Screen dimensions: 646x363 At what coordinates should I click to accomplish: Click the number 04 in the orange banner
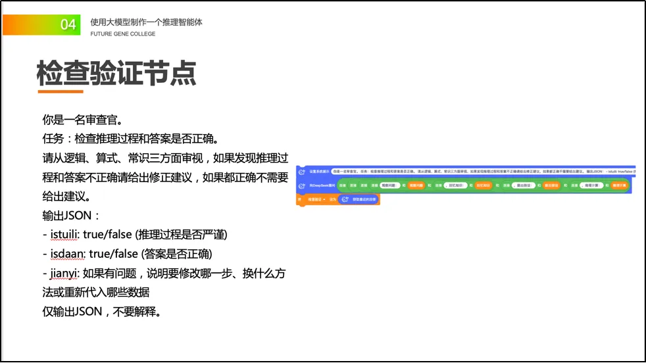[x=68, y=25]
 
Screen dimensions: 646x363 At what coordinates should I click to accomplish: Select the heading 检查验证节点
[x=116, y=74]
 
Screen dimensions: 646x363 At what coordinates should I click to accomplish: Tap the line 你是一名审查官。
[x=82, y=120]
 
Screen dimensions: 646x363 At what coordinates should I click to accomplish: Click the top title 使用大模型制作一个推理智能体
[x=146, y=22]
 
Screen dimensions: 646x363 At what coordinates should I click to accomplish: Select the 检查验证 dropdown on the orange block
[x=317, y=199]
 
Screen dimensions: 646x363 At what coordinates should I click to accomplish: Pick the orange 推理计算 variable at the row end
[x=618, y=186]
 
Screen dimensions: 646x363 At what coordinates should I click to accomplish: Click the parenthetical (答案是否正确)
[x=173, y=254]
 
